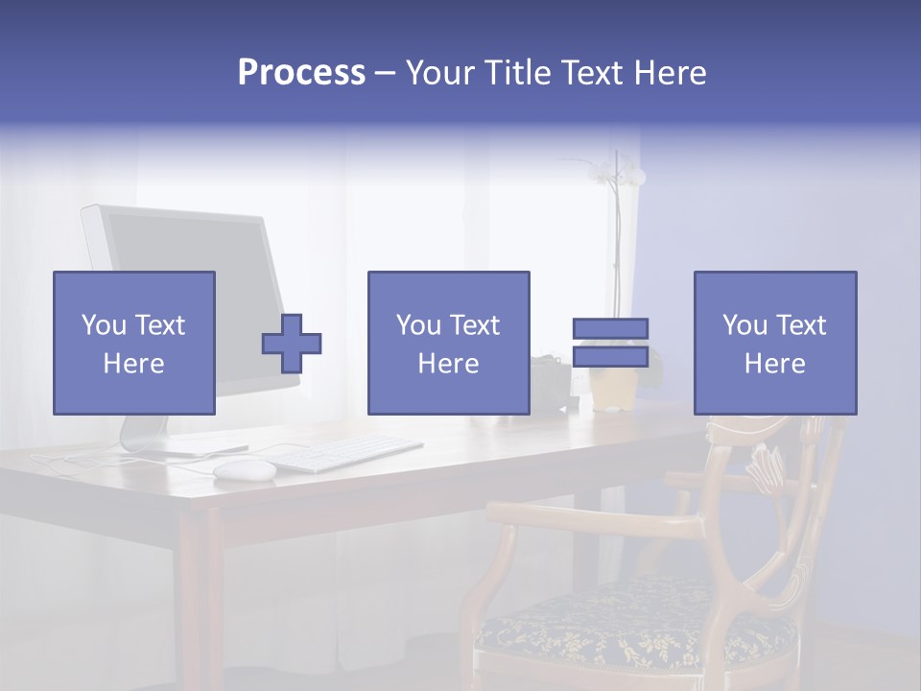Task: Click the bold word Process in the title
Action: coord(301,73)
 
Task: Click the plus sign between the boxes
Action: coord(292,343)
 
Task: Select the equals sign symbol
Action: coord(610,343)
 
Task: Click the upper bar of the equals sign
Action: coord(610,329)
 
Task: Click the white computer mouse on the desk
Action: coord(244,468)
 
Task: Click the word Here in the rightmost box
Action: coord(774,364)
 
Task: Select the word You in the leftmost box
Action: coord(103,325)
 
